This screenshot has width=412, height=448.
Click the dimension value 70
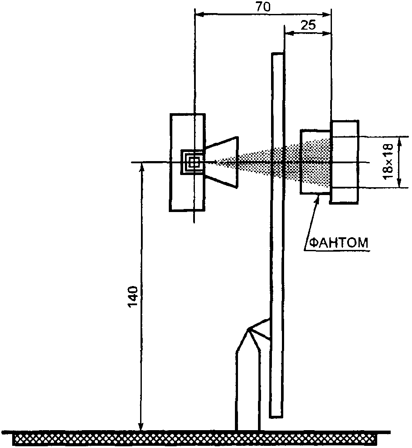pyautogui.click(x=263, y=7)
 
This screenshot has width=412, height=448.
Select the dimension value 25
pyautogui.click(x=308, y=26)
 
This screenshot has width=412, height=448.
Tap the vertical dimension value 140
pyautogui.click(x=133, y=297)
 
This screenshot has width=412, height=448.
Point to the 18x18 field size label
pyautogui.click(x=389, y=162)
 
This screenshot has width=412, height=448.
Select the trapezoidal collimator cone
pyautogui.click(x=222, y=162)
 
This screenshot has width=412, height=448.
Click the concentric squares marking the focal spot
pyautogui.click(x=193, y=162)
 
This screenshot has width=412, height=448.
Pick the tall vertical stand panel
pyautogui.click(x=277, y=235)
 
